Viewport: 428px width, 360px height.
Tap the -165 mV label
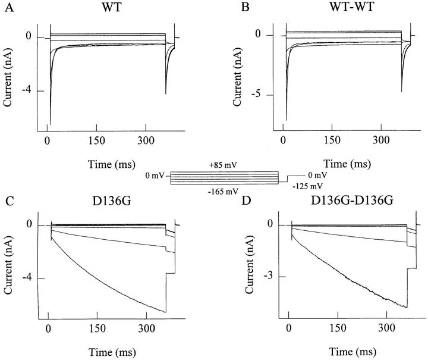(224, 190)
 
